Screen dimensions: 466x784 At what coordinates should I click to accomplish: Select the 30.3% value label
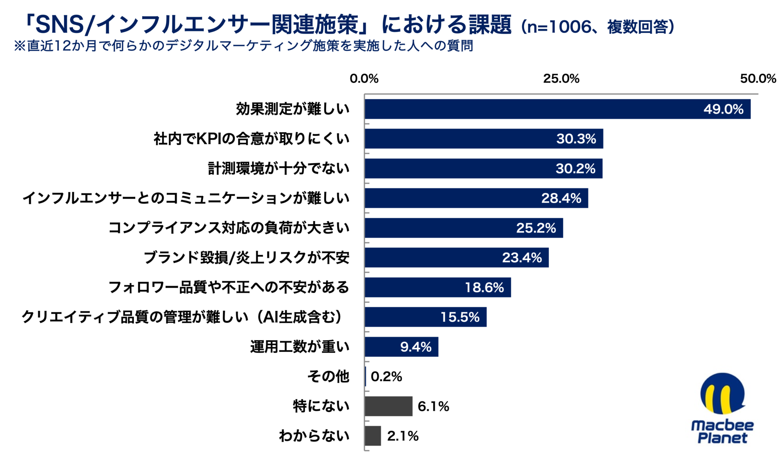tap(576, 139)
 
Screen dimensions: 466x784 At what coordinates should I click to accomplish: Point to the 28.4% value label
tap(561, 198)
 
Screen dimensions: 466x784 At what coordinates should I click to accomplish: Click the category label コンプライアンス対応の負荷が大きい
tap(229, 228)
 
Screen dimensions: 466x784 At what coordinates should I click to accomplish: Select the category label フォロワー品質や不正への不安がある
tap(229, 287)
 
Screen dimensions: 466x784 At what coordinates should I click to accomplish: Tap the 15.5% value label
tap(460, 317)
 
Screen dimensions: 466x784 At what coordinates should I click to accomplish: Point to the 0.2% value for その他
tap(386, 376)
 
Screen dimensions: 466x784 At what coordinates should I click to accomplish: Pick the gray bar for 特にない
tap(388, 406)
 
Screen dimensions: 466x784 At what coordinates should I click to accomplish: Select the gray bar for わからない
tap(373, 436)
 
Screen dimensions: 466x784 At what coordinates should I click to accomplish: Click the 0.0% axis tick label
tap(364, 78)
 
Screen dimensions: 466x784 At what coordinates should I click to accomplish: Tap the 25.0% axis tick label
tap(561, 78)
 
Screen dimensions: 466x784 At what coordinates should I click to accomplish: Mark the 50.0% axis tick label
tap(758, 78)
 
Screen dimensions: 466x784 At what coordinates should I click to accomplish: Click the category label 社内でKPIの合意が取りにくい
tap(252, 139)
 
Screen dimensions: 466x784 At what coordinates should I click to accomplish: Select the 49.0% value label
tap(723, 109)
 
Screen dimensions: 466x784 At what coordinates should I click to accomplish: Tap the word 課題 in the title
tap(490, 24)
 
